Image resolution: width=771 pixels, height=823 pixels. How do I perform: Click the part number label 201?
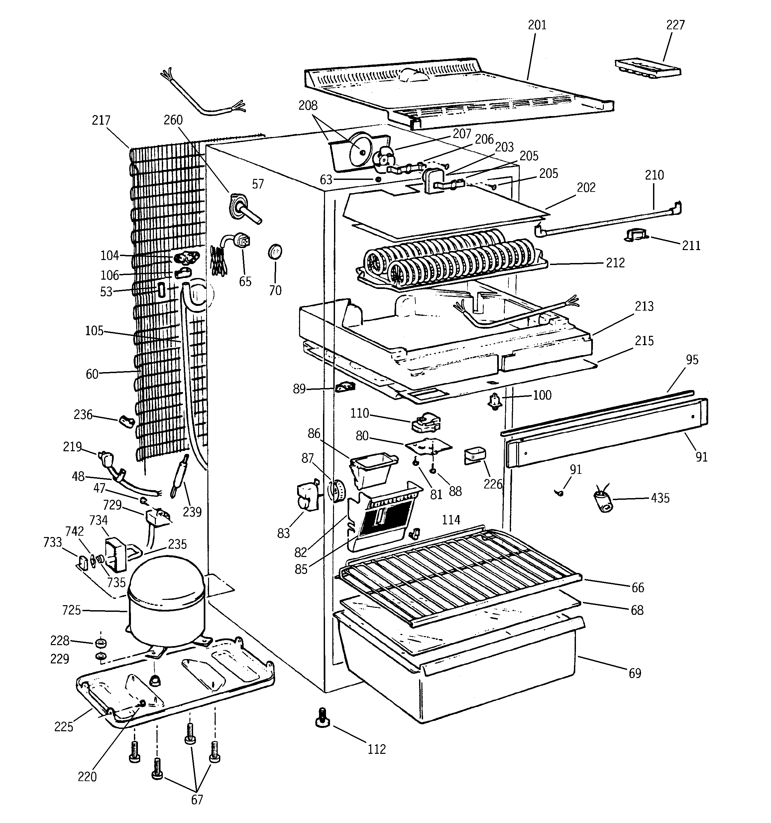537,25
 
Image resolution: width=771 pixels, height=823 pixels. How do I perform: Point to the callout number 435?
660,498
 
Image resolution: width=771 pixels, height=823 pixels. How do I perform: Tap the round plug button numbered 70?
275,252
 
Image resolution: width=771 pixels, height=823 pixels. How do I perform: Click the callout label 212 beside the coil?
615,263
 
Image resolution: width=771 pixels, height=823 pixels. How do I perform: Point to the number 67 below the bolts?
197,800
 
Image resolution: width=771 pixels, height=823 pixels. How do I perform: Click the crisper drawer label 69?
635,674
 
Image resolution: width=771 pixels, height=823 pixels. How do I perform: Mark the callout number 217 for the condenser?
101,120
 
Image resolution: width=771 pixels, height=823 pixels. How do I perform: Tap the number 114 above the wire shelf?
451,519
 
